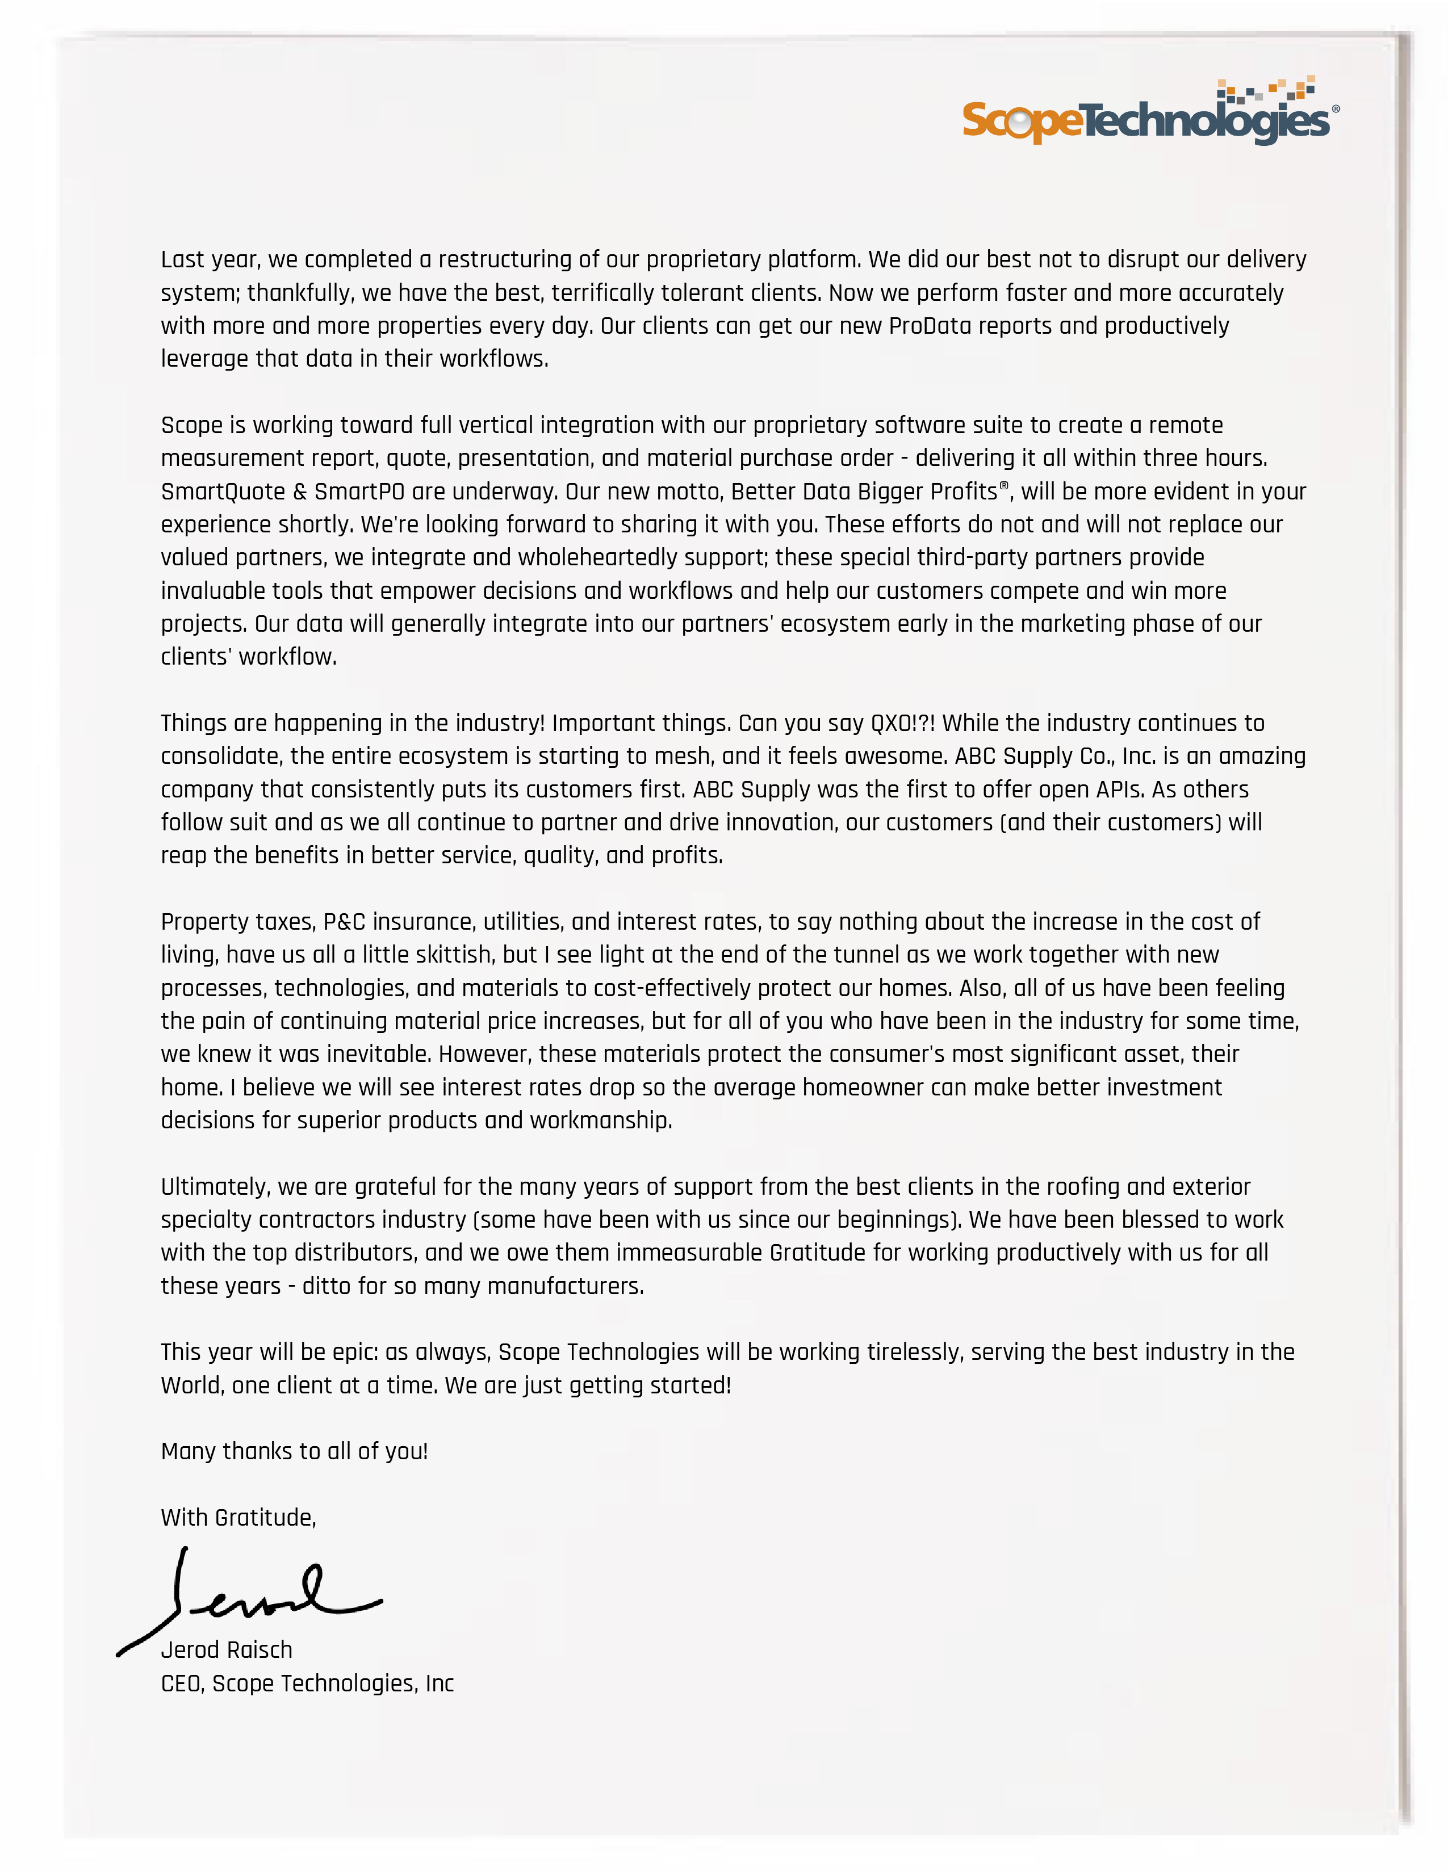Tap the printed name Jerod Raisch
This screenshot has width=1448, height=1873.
click(x=227, y=1650)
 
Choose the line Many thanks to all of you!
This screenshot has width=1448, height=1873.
click(x=294, y=1451)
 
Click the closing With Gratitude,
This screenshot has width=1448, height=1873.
click(x=238, y=1517)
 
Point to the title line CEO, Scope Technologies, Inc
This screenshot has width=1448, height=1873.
click(x=307, y=1683)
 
